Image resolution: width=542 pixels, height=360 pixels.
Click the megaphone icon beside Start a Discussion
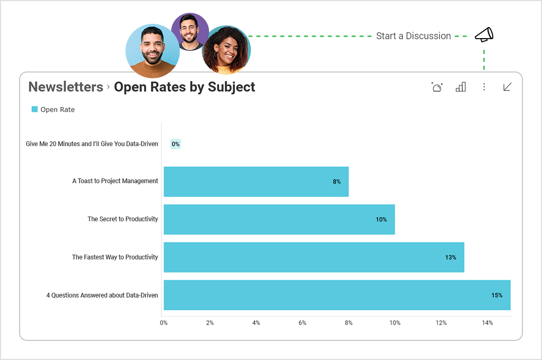[x=484, y=35]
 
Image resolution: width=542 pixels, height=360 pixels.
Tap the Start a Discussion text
[x=413, y=36]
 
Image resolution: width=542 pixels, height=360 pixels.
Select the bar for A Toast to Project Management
[x=256, y=182]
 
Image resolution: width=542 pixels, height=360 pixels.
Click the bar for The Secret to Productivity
[x=279, y=219]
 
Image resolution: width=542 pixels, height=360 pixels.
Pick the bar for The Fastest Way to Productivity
[x=313, y=257]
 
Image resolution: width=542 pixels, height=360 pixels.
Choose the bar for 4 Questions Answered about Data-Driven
[x=337, y=295]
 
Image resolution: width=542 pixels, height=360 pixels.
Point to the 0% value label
[x=176, y=144]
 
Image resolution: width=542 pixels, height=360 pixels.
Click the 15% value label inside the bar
[x=496, y=295]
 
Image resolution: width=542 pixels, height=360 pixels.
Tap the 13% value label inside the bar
[x=450, y=257]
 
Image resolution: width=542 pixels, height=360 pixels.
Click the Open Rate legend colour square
[x=35, y=109]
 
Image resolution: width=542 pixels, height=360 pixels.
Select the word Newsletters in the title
[x=66, y=87]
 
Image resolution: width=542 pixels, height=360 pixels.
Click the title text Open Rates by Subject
[x=185, y=87]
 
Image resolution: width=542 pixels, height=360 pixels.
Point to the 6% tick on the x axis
[x=302, y=323]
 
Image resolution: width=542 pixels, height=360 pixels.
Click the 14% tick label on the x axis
[x=487, y=323]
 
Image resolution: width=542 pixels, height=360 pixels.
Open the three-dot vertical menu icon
[x=484, y=87]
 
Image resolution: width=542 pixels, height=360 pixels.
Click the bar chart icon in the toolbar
[x=460, y=87]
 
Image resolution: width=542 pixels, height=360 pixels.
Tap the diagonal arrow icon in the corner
[x=507, y=87]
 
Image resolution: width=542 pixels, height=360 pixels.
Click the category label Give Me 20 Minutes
[x=92, y=144]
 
